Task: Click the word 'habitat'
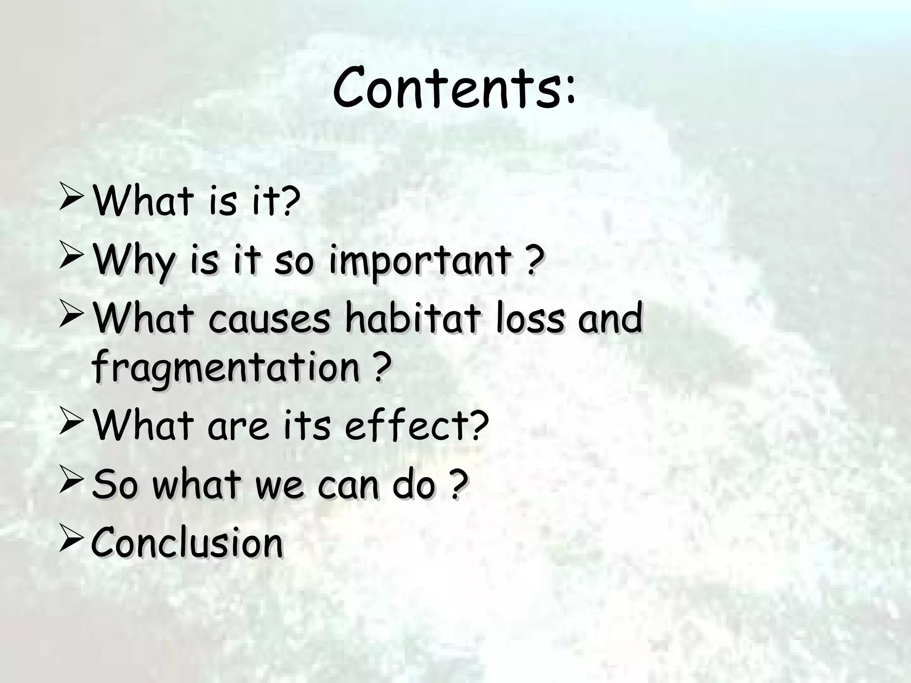coord(413,318)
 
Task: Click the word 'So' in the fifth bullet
coord(114,484)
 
